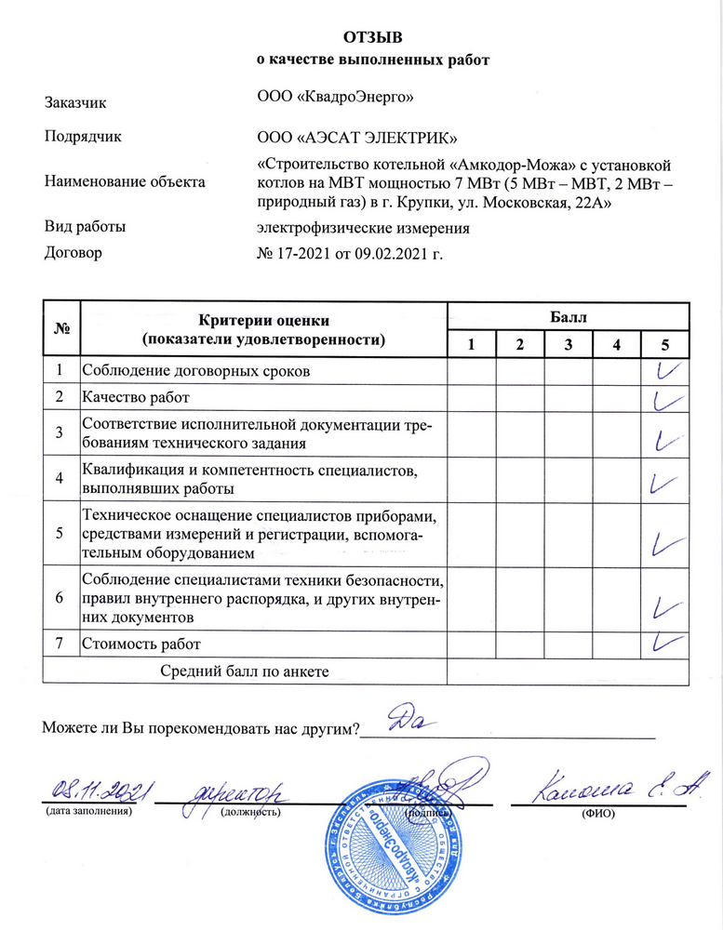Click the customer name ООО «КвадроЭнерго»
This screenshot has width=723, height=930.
point(336,96)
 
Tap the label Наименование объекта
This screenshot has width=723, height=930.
point(124,181)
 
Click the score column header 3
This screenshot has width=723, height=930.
point(568,345)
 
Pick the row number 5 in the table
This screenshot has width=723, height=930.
point(60,534)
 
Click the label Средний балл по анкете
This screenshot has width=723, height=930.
point(246,671)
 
